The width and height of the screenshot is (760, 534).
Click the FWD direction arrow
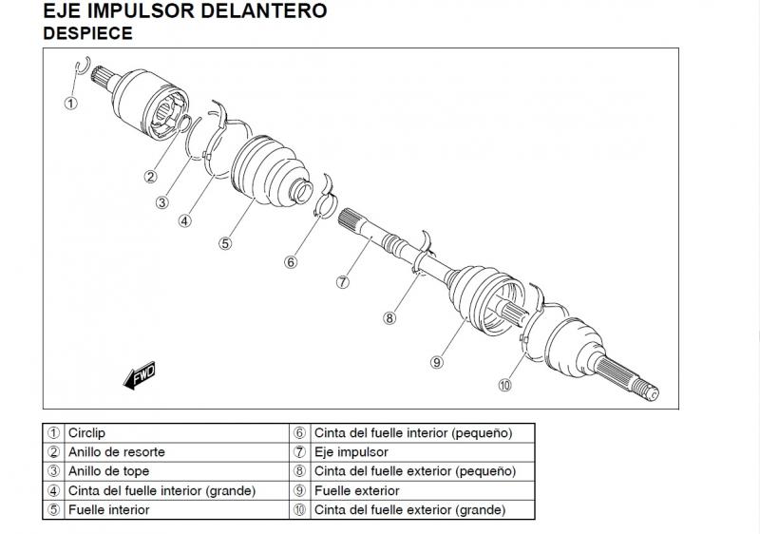coord(139,375)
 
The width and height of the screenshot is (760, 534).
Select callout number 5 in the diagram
coord(225,242)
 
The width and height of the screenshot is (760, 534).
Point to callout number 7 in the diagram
coord(343,281)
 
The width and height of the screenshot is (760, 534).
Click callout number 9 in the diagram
coord(437,362)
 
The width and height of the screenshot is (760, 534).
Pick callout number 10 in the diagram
coord(504,385)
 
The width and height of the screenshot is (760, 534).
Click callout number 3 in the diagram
coord(162,201)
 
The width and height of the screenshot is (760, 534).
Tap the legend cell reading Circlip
coord(86,433)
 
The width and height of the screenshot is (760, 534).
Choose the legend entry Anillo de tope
coord(108,471)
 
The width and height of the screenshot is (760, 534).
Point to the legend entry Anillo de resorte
coord(116,452)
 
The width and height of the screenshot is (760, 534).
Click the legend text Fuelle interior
coord(108,509)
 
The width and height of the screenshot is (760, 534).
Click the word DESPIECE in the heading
coord(87,32)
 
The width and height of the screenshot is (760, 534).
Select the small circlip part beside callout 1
coord(82,66)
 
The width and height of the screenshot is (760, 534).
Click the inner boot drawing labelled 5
coord(260,172)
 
